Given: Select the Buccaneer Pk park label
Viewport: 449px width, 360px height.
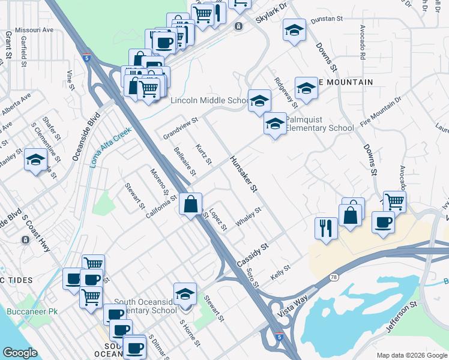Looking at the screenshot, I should (x=32, y=311).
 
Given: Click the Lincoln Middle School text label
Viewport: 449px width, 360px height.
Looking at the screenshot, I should (x=209, y=101).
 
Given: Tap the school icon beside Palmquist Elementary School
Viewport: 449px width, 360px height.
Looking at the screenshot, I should (x=275, y=124).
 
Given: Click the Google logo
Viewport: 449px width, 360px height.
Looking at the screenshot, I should (x=20, y=353).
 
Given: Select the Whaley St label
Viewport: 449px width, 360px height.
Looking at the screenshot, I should (x=249, y=217).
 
